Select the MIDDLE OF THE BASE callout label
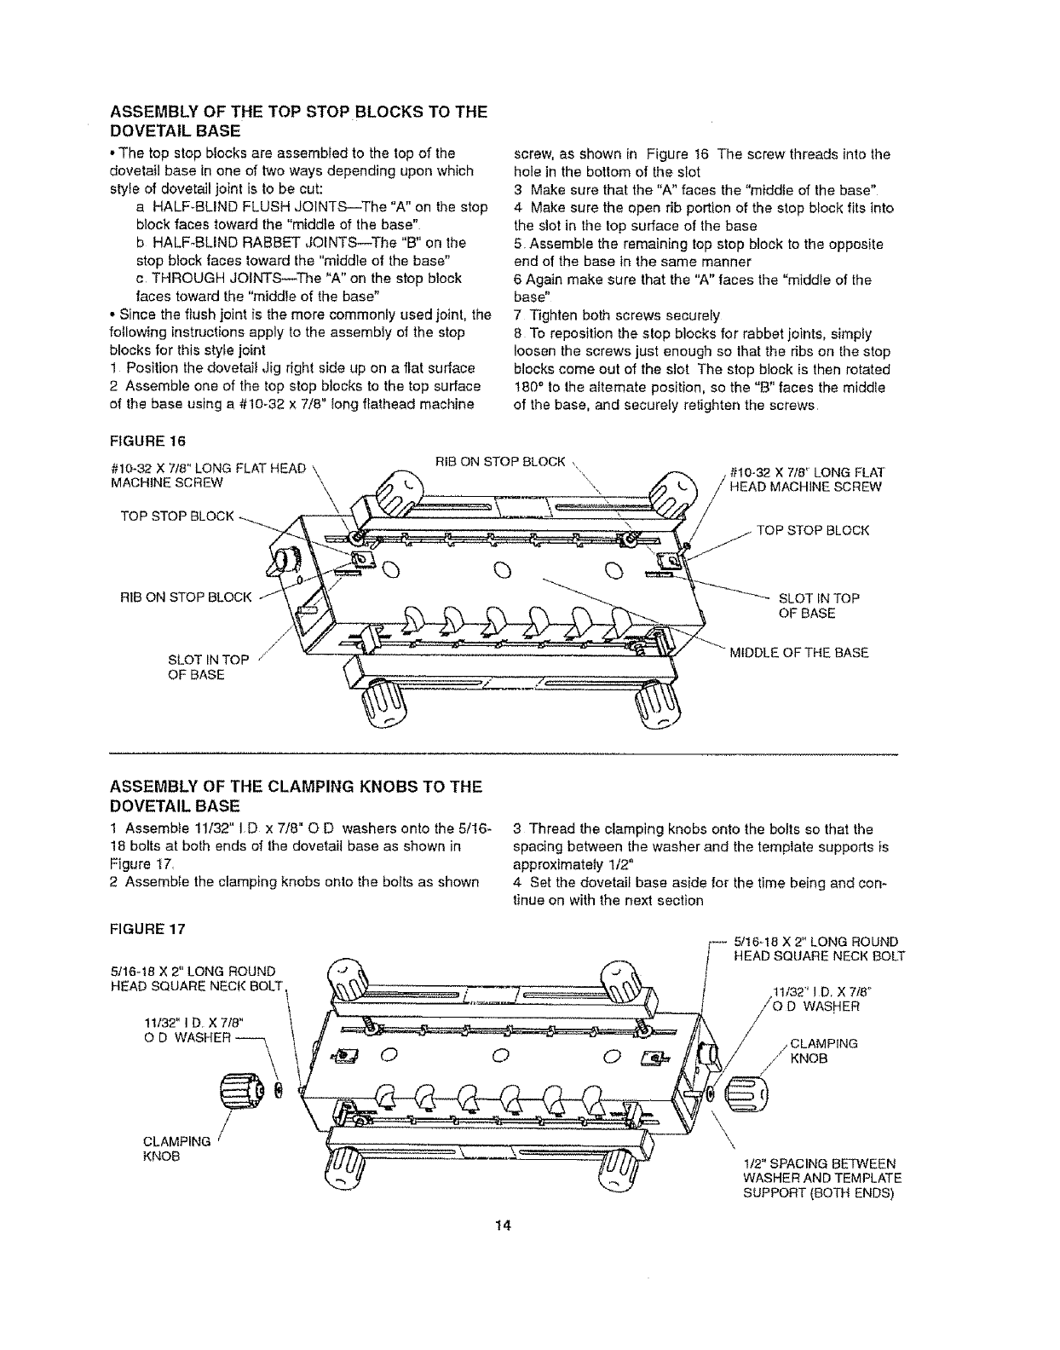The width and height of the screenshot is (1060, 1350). [798, 653]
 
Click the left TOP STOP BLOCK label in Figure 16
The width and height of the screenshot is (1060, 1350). [176, 516]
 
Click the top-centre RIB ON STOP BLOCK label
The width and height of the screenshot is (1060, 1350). [500, 462]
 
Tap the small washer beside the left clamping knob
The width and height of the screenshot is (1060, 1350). [280, 1090]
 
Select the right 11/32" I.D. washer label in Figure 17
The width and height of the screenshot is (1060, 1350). [815, 999]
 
